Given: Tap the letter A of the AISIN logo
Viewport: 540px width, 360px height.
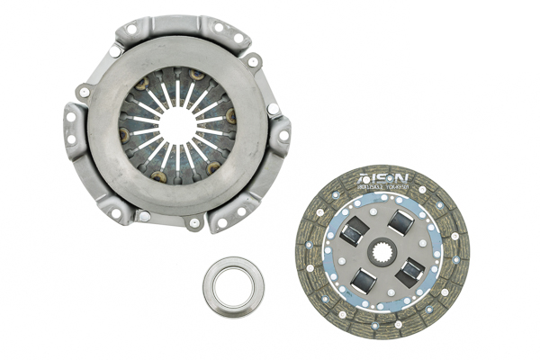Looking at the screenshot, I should click(x=364, y=178).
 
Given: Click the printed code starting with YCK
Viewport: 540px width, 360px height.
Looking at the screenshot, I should click(x=396, y=188).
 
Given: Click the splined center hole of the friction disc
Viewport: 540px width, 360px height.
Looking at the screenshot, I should click(x=382, y=250).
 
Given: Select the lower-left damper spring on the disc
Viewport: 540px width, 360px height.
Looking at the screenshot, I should click(x=364, y=280).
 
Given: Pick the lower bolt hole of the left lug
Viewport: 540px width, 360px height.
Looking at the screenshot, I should click(x=71, y=139).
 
